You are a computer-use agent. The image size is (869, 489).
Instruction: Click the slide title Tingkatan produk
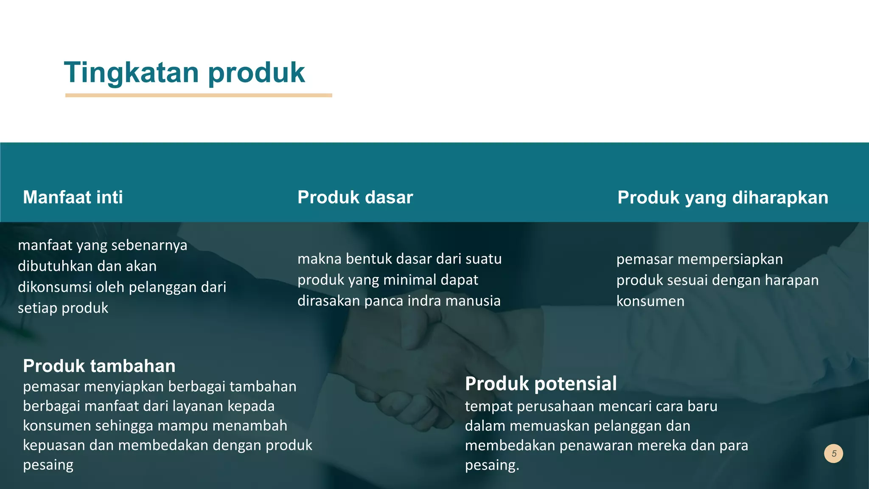click(184, 72)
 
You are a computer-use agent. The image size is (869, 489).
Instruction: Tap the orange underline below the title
click(198, 96)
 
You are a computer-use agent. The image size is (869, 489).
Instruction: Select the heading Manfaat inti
click(73, 197)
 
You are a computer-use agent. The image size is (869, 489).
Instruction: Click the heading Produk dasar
click(355, 197)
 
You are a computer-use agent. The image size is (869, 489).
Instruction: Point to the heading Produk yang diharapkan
click(723, 197)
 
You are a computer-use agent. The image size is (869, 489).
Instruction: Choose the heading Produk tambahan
click(99, 366)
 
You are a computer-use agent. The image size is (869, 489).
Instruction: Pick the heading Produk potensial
click(541, 384)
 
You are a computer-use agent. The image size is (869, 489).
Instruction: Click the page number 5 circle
click(833, 453)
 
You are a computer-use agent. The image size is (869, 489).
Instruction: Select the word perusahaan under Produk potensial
click(570, 406)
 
